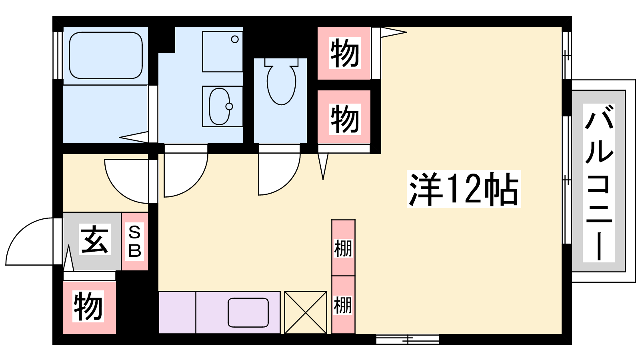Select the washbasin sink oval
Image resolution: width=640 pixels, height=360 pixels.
click(220, 106)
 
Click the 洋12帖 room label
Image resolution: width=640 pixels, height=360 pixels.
click(464, 189)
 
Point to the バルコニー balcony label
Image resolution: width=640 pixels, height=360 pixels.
click(598, 183)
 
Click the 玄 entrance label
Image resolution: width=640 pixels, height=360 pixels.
click(94, 239)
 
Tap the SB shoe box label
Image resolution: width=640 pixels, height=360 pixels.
click(134, 242)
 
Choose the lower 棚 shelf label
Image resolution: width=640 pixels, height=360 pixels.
click(343, 305)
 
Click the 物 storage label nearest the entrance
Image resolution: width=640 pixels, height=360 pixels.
click(88, 306)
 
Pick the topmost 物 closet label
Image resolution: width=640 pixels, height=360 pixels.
click(344, 53)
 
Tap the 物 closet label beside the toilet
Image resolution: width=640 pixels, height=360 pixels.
click(344, 119)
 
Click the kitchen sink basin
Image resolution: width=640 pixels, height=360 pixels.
click(248, 312)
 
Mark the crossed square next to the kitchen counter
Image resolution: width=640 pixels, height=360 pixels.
click(306, 312)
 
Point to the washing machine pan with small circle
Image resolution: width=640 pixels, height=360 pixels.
click(222, 52)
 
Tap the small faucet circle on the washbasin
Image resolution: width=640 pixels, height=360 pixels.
click(229, 106)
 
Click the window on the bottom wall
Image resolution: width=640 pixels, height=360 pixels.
click(408, 340)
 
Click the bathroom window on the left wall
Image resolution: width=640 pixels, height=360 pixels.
click(58, 55)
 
